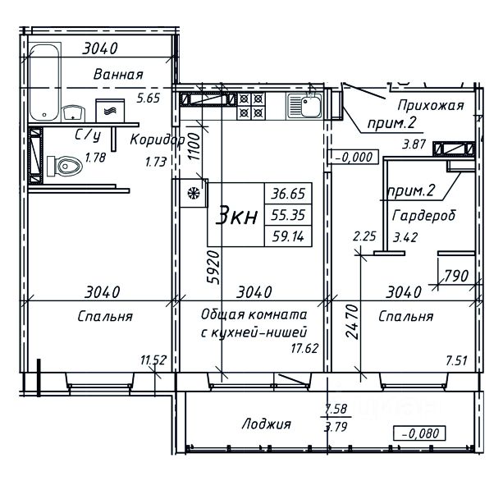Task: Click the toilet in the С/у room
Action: (64, 167)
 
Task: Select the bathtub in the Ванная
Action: (45, 82)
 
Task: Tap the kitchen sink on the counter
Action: (304, 105)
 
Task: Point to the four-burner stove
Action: (251, 106)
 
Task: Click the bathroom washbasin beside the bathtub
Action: (73, 113)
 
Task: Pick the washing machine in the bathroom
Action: (110, 111)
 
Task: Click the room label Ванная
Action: (118, 75)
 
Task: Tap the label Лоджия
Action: (266, 424)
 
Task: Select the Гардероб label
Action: (423, 216)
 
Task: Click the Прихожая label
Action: (431, 105)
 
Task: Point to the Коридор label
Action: (158, 140)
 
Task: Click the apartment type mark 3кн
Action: (237, 216)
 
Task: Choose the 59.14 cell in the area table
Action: (288, 236)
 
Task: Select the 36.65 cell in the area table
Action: (288, 194)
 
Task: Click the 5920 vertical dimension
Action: (213, 267)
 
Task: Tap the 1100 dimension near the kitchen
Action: (194, 147)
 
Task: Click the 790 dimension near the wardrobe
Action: (456, 276)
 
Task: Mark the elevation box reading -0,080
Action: (420, 434)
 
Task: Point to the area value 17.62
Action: (304, 348)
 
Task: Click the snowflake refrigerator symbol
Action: (194, 193)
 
